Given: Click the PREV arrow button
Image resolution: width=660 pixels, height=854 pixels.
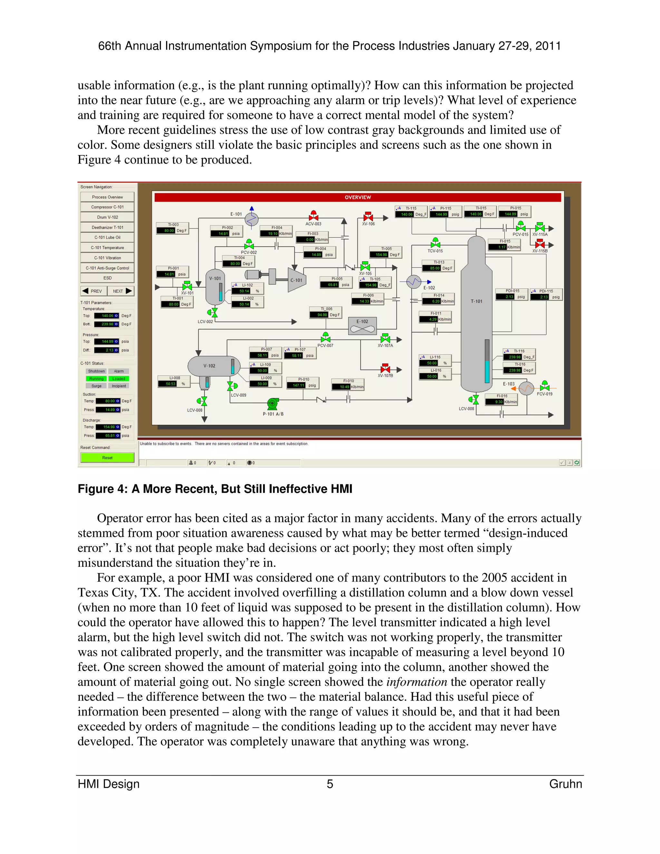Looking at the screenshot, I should [93, 291].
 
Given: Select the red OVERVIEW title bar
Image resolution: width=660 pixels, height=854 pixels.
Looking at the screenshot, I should [357, 198].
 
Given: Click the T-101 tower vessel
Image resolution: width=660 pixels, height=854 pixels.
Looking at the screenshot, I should [476, 313].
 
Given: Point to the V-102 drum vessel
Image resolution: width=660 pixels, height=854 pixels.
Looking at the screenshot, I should [211, 366].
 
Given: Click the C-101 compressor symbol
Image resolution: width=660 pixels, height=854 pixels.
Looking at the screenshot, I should [297, 280].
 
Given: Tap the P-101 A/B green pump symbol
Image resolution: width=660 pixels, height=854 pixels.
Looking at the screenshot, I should [273, 403].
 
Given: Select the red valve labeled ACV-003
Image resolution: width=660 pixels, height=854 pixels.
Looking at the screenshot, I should [313, 216].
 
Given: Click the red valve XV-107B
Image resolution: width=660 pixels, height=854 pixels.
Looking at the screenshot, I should [385, 368].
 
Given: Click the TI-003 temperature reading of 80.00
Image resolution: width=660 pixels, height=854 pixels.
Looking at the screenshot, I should [169, 231].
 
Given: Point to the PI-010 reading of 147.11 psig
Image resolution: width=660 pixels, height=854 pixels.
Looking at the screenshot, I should [299, 385].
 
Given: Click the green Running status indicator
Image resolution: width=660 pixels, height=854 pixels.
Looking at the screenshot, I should [96, 379].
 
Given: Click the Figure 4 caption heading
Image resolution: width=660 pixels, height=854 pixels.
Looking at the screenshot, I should [215, 489].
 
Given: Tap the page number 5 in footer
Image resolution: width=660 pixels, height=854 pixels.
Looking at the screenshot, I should [330, 784].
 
